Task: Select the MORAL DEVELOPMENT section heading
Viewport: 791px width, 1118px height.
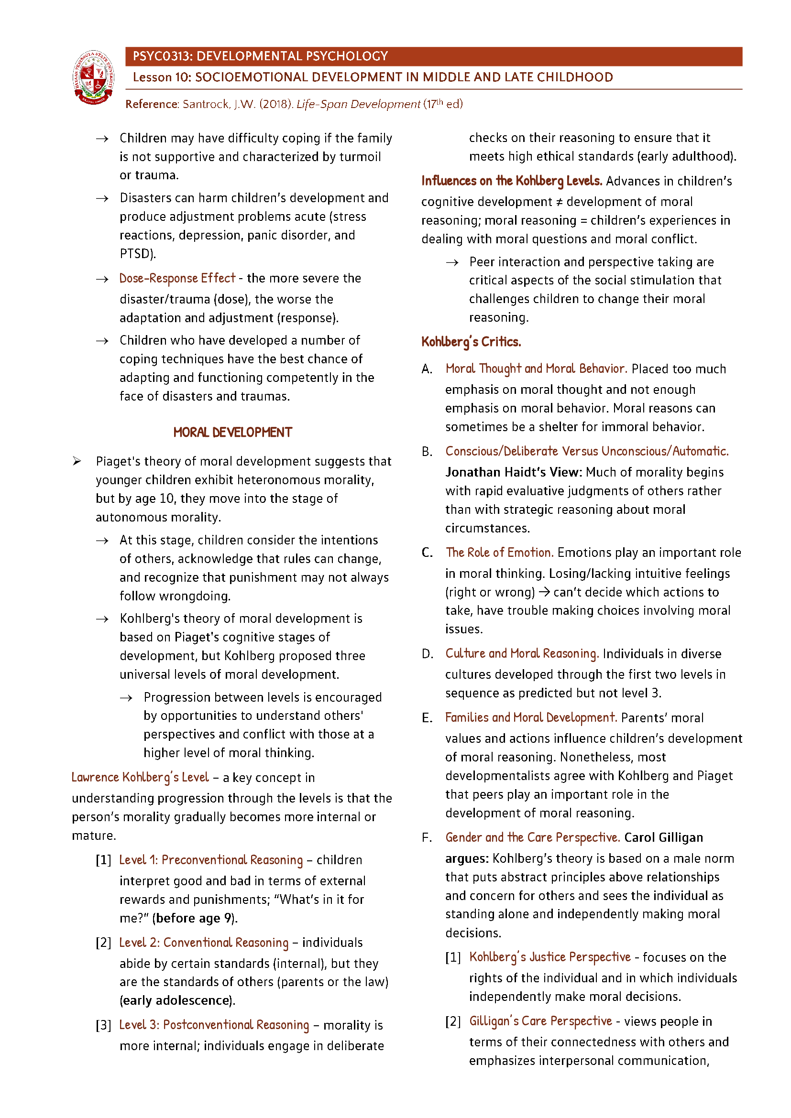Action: tap(232, 433)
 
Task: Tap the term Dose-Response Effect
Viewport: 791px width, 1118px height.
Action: tap(177, 279)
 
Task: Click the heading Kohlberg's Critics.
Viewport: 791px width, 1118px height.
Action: tap(471, 342)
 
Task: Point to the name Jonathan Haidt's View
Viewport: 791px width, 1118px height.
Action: tap(513, 472)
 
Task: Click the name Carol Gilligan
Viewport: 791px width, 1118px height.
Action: tap(663, 837)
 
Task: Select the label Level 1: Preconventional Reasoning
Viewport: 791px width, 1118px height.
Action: tap(210, 860)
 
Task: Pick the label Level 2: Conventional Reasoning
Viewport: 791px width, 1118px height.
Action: tap(204, 943)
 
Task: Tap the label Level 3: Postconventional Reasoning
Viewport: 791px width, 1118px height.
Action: tap(214, 1025)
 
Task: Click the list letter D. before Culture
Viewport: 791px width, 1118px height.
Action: tap(427, 654)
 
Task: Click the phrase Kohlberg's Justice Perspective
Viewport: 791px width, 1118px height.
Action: tap(549, 957)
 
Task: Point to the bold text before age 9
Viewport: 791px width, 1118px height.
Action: tap(194, 918)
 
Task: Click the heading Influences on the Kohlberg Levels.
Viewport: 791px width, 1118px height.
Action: tap(511, 181)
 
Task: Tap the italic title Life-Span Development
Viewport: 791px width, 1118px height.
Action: tap(358, 104)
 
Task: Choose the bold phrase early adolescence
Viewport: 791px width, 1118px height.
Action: tap(176, 1000)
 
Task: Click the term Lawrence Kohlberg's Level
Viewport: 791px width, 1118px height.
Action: tap(140, 778)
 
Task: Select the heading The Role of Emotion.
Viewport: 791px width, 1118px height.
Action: tap(499, 553)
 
